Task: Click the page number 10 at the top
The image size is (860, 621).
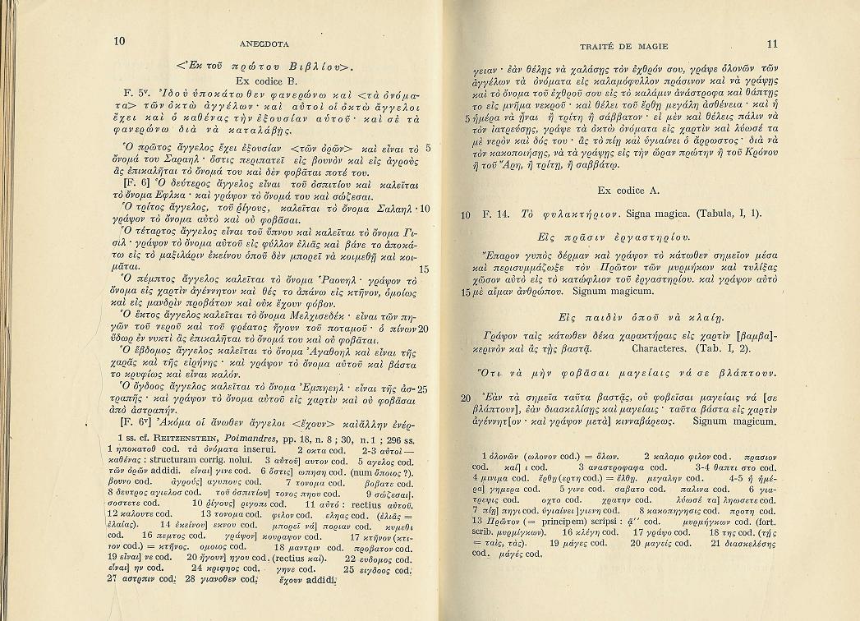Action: [x=120, y=42]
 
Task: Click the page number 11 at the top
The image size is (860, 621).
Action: [x=771, y=44]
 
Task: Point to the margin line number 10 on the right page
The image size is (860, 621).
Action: [x=465, y=215]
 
